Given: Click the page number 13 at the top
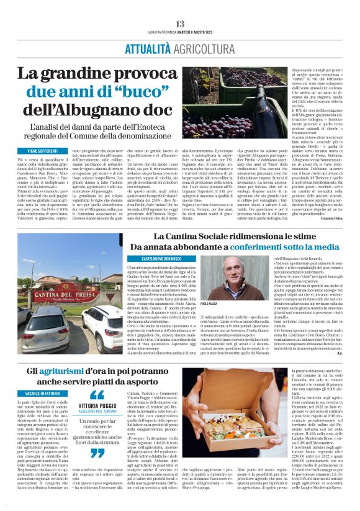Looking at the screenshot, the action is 180,23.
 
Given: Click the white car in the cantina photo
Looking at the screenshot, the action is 102,323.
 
